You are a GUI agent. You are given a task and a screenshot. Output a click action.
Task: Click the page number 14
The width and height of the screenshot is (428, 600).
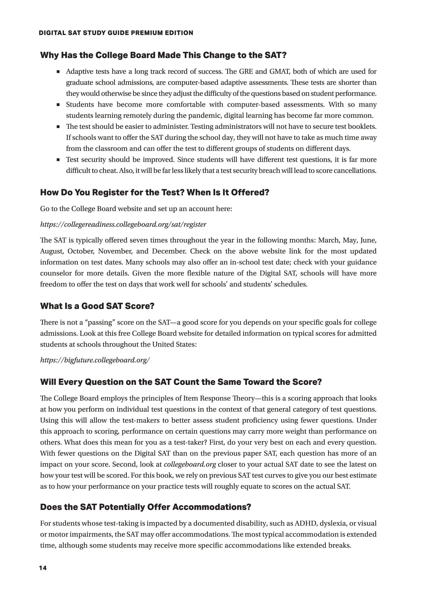(43, 568)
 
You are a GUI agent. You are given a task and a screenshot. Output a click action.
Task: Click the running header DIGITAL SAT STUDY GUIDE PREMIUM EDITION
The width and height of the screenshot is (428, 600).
(116, 33)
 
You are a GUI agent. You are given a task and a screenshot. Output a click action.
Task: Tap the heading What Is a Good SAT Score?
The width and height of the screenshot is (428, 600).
(97, 306)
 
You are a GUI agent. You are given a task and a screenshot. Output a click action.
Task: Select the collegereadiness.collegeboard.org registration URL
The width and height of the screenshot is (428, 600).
(123, 225)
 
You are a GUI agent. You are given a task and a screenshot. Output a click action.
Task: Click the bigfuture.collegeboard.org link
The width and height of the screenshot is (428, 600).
(95, 360)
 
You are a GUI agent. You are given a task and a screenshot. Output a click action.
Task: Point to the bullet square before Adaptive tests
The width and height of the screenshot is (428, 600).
(58, 72)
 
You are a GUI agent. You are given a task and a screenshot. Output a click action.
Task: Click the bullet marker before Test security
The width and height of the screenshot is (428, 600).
(58, 160)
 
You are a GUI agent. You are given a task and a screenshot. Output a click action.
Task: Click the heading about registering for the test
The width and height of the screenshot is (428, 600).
(155, 193)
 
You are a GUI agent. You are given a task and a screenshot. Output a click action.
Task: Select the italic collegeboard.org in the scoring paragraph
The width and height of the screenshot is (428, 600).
(190, 464)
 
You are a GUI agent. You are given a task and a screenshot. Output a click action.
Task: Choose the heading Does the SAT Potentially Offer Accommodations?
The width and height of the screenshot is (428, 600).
(145, 507)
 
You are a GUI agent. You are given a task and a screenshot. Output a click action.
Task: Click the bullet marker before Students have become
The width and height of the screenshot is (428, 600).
(58, 105)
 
